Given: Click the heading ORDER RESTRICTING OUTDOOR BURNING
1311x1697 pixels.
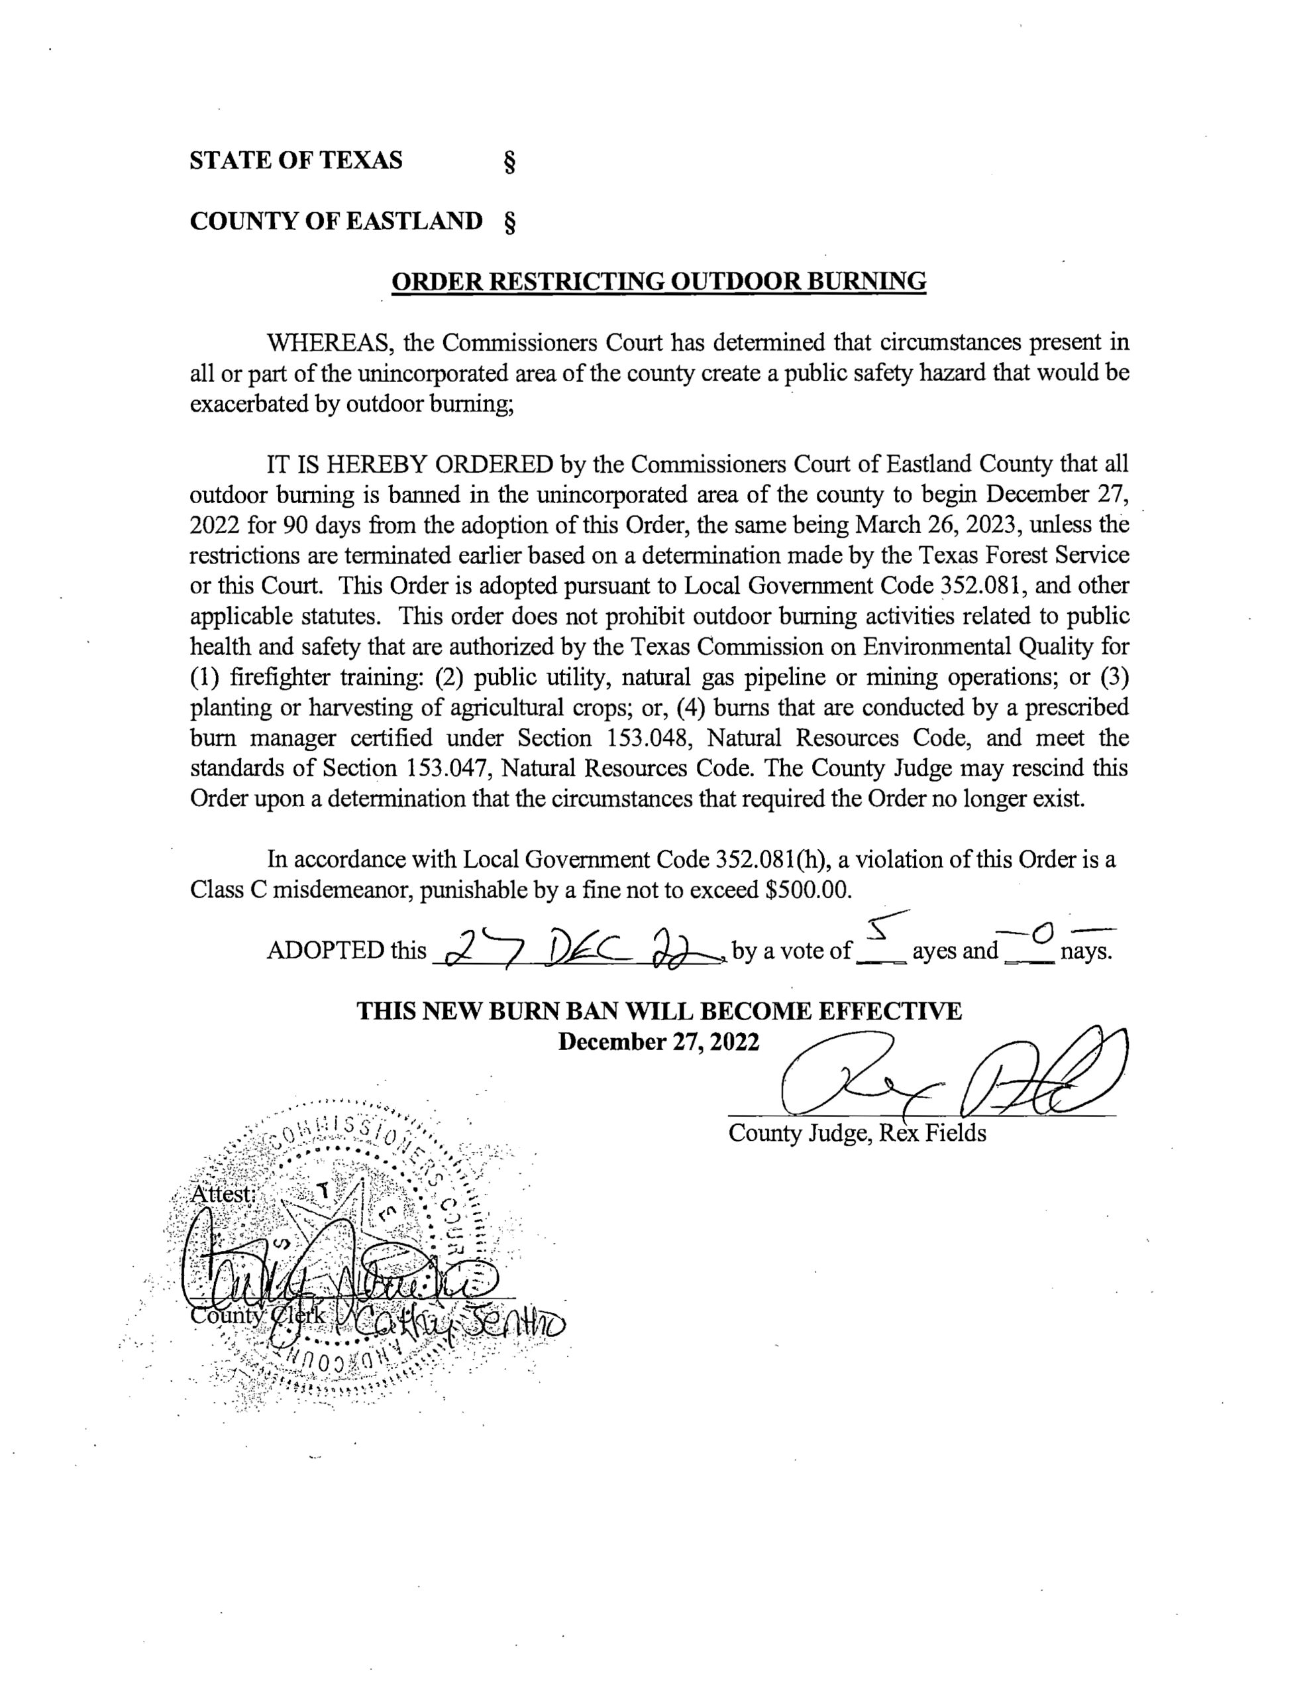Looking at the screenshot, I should (x=658, y=280).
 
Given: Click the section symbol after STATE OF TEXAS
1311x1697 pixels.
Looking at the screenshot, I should (x=509, y=161).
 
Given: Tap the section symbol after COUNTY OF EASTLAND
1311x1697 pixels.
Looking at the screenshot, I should (x=510, y=222).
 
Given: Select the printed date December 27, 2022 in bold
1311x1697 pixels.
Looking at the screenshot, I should (x=658, y=1041).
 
